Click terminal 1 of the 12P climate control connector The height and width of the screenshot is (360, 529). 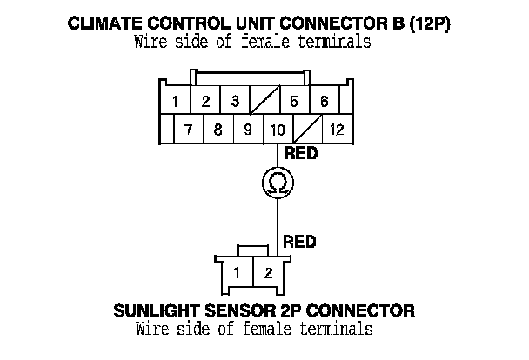click(175, 102)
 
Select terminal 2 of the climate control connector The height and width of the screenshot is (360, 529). click(205, 102)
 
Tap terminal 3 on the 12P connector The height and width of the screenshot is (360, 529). click(235, 102)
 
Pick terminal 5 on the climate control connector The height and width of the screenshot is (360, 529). click(294, 102)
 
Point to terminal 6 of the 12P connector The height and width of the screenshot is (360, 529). click(324, 102)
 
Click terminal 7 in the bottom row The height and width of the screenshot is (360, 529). click(189, 130)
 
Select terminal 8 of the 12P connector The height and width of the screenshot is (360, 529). click(218, 130)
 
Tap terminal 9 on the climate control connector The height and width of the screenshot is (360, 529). click(248, 130)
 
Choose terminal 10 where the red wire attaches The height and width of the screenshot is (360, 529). click(278, 130)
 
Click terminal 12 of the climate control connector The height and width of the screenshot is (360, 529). click(336, 130)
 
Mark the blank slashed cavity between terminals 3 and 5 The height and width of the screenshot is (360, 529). click(264, 102)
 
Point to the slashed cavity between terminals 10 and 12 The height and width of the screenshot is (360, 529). click(307, 130)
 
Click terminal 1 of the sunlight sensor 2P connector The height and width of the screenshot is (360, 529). click(236, 273)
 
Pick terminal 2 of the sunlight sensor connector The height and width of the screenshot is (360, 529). click(269, 273)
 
